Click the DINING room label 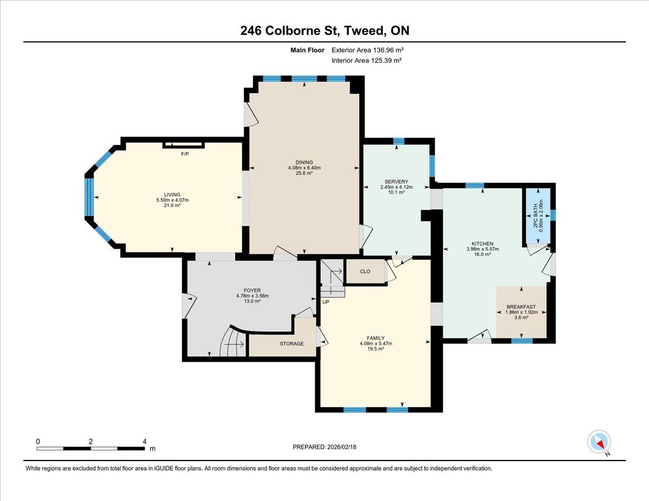[304, 162]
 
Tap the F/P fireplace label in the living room [185, 154]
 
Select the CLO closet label [365, 271]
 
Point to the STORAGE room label [292, 343]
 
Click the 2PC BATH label [535, 216]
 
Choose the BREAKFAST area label [521, 307]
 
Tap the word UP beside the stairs [326, 302]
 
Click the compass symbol [599, 442]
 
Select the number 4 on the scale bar [144, 442]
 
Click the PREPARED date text [325, 447]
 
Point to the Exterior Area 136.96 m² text [367, 50]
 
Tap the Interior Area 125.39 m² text [367, 61]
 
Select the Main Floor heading [307, 50]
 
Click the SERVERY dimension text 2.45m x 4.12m [396, 187]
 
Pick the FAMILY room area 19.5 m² [376, 349]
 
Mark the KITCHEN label [482, 244]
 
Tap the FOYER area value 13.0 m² [253, 301]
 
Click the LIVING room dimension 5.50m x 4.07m [173, 200]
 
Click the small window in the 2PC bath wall [553, 215]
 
